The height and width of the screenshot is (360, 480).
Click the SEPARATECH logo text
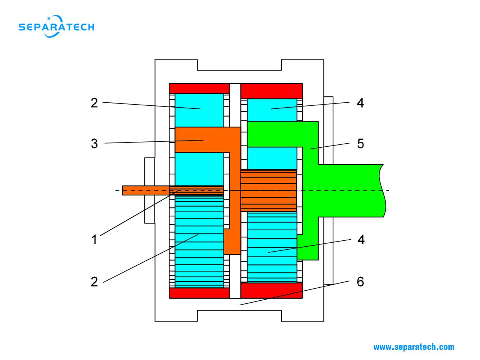56,27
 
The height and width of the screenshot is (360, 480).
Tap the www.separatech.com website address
414,347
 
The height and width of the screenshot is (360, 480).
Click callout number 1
94,239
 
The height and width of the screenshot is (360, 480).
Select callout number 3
94,143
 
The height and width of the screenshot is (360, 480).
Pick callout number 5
360,143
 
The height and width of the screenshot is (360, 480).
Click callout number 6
360,281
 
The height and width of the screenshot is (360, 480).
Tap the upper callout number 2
94,102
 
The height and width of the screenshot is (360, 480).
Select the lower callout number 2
94,281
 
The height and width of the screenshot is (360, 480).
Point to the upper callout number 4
360,102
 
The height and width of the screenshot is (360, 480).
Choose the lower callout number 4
361,239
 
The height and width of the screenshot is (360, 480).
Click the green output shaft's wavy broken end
382,190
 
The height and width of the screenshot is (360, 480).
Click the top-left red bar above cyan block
199,88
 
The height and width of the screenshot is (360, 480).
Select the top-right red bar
271,91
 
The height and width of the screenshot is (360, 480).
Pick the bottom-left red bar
199,293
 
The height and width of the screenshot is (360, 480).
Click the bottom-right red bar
271,290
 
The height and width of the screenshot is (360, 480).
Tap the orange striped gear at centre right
268,190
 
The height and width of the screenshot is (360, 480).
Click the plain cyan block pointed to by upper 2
199,110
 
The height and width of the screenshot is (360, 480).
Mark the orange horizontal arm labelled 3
202,139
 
